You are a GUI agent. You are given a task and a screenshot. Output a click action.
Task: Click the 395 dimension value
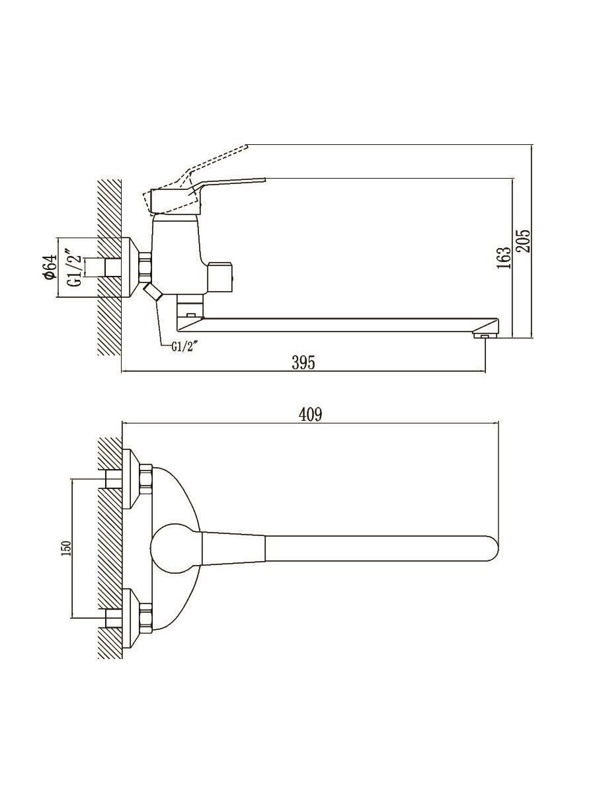click(x=303, y=363)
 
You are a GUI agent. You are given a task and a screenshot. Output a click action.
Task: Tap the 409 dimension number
click(x=310, y=415)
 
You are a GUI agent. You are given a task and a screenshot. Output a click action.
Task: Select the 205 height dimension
click(x=524, y=241)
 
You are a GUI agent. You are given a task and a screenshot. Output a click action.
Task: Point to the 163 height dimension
click(x=503, y=257)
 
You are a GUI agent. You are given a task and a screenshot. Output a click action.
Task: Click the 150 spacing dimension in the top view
click(x=67, y=549)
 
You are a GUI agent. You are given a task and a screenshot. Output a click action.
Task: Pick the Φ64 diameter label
click(x=50, y=267)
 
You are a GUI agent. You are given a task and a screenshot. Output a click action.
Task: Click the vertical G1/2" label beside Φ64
click(x=74, y=267)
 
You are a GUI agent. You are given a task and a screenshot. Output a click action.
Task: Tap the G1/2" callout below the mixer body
click(x=185, y=347)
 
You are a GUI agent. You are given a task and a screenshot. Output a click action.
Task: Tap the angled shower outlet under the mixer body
click(x=153, y=292)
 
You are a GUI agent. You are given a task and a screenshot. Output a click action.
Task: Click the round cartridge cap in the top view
click(x=176, y=548)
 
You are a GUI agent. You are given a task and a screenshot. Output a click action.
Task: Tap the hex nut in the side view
click(x=145, y=267)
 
